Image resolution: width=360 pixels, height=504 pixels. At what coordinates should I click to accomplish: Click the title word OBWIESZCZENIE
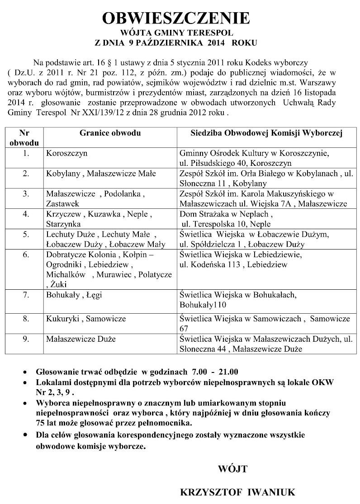176,18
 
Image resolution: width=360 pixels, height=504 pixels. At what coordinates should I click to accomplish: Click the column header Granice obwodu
110,133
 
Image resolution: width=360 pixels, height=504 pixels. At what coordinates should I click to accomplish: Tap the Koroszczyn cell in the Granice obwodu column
66,153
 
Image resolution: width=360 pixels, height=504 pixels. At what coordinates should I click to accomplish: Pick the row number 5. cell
26,234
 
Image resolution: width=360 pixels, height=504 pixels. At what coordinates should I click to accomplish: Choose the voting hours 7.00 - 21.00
215,372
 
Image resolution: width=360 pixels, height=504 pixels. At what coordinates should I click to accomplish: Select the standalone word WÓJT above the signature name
232,469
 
